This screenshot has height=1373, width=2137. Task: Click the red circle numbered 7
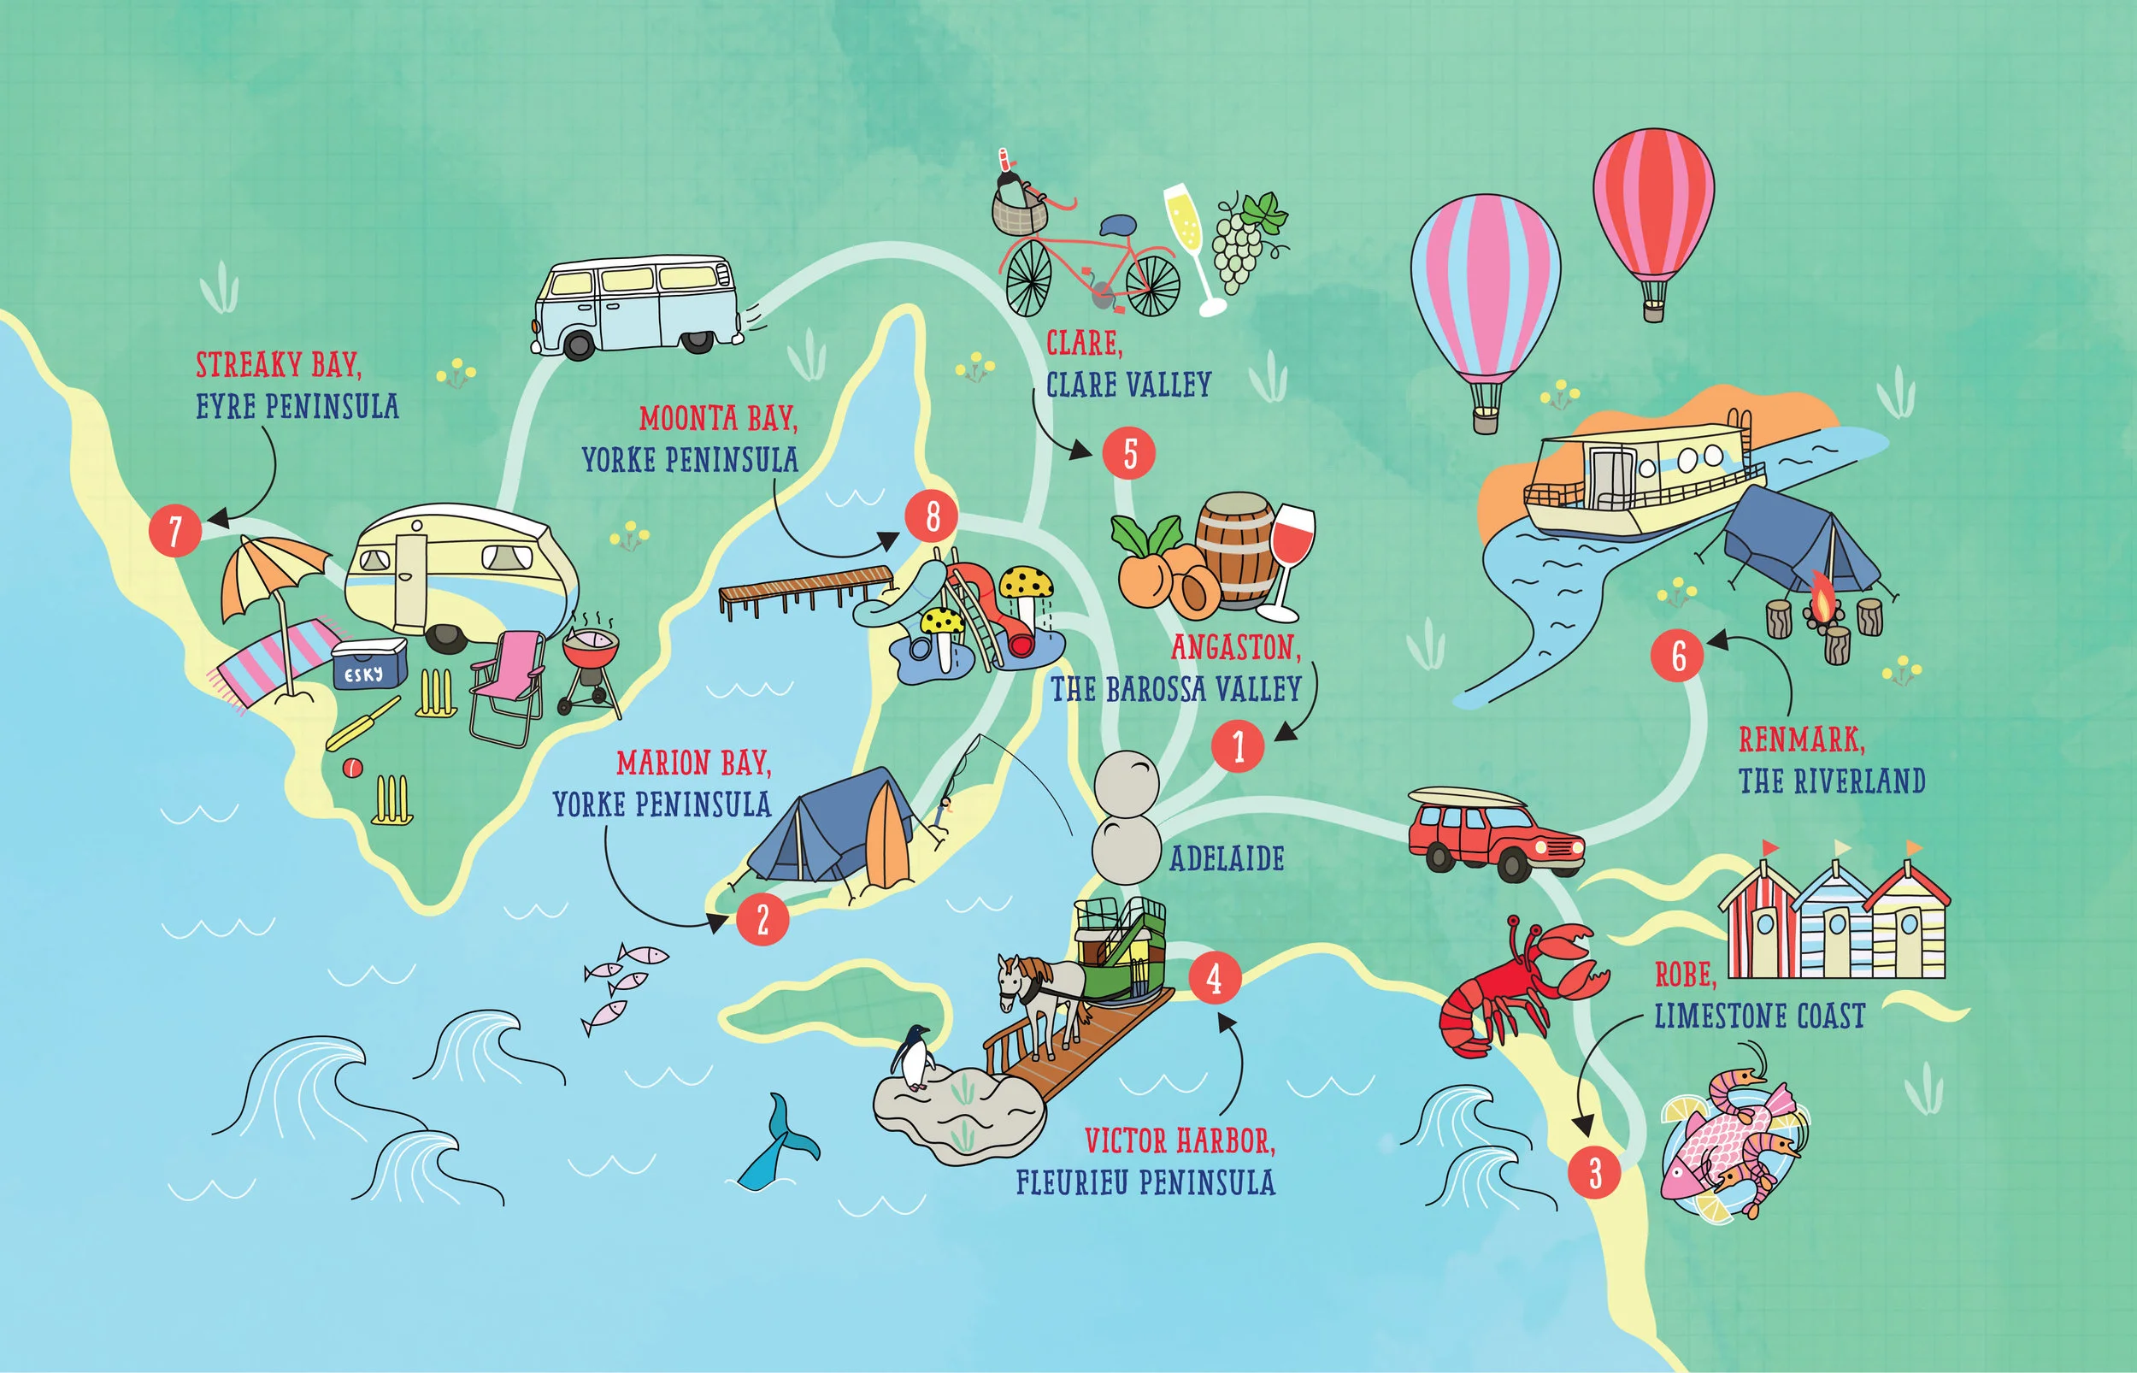click(174, 529)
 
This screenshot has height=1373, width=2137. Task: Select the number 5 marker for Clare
click(1129, 453)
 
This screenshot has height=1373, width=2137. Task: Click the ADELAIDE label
click(1227, 858)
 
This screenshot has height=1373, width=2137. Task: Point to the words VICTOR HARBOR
click(1179, 1140)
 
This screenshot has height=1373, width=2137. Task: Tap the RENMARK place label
click(1801, 740)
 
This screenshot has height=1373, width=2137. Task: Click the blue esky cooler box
click(368, 665)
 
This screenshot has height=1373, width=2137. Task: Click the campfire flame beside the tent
click(1823, 603)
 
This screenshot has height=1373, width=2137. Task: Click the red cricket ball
click(353, 767)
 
